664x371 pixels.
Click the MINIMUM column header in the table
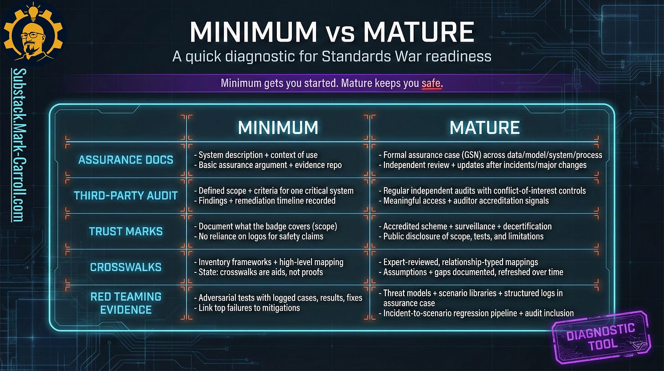[x=278, y=128]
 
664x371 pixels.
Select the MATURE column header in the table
[x=484, y=128]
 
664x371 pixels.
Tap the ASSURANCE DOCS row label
[x=126, y=160]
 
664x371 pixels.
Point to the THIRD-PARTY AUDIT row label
[x=126, y=196]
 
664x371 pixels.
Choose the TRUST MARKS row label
[x=126, y=231]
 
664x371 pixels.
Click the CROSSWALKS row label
[x=126, y=267]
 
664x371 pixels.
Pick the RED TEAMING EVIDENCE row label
[x=126, y=303]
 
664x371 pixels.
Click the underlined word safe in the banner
[x=431, y=84]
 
